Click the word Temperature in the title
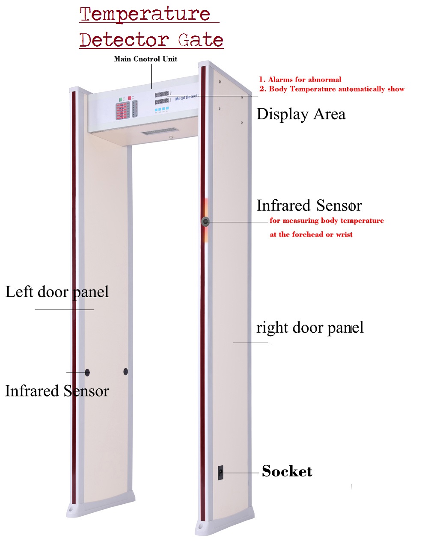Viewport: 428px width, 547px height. (145, 14)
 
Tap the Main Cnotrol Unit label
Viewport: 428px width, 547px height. (146, 59)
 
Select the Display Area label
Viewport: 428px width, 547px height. (300, 114)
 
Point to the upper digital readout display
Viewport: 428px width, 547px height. (162, 94)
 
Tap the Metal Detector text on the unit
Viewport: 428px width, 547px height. (187, 98)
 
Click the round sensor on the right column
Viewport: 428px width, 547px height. (206, 221)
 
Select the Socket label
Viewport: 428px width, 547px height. (287, 471)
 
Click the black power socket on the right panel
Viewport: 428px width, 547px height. (220, 473)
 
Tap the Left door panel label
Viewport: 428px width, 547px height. (57, 292)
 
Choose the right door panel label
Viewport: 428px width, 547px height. (310, 328)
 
